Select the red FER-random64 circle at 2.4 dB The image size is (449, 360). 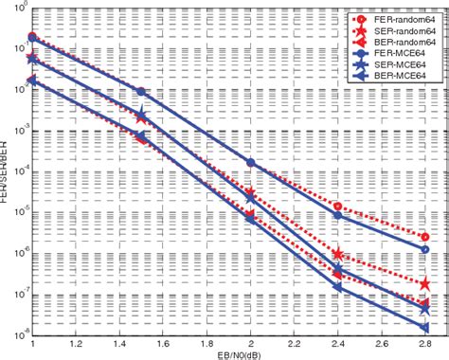coord(338,206)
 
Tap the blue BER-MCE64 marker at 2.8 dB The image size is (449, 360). coord(424,328)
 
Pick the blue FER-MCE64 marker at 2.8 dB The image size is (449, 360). coord(424,250)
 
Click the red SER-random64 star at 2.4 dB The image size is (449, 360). coord(338,254)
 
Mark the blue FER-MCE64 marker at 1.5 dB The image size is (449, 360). coord(141,91)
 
